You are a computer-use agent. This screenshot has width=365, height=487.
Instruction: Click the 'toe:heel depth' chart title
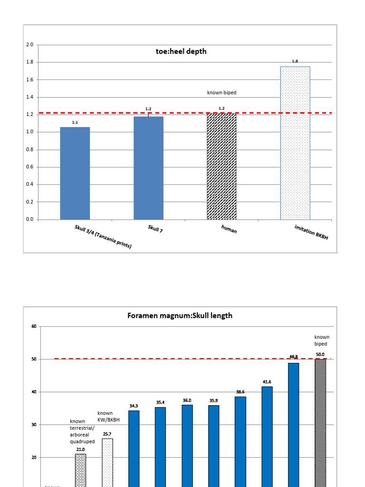tap(181, 51)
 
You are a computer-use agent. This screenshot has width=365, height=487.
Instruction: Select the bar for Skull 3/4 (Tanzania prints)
tap(75, 173)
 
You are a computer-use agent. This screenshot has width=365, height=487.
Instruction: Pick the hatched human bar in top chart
tap(221, 166)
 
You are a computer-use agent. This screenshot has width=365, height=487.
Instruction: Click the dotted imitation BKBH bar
tap(295, 143)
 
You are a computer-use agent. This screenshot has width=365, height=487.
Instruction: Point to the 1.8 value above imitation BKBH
tap(295, 61)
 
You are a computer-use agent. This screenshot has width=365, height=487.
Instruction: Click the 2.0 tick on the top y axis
tap(29, 45)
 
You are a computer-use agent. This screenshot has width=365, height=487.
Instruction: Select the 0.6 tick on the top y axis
tap(29, 167)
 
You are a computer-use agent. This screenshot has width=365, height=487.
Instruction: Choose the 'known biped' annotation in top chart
tap(221, 93)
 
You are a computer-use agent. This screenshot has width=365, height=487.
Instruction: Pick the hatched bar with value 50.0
tap(320, 423)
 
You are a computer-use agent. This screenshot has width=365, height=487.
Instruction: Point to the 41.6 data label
tap(267, 382)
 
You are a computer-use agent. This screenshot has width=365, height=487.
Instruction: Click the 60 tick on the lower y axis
tap(34, 326)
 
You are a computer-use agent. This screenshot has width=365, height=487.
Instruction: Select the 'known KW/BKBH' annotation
tap(105, 417)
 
